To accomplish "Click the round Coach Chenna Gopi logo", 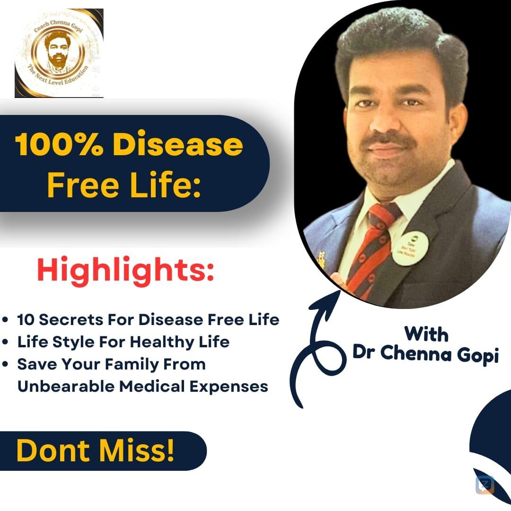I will pyautogui.click(x=59, y=53).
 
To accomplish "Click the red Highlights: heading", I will pyautogui.click(x=125, y=271).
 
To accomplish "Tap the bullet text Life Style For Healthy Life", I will pyautogui.click(x=123, y=342).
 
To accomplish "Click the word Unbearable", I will pyautogui.click(x=65, y=387).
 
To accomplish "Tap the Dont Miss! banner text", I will pyautogui.click(x=95, y=451).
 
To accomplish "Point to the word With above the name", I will pyautogui.click(x=426, y=334).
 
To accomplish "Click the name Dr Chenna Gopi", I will pyautogui.click(x=425, y=354).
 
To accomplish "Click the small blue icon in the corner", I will pyautogui.click(x=485, y=485).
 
